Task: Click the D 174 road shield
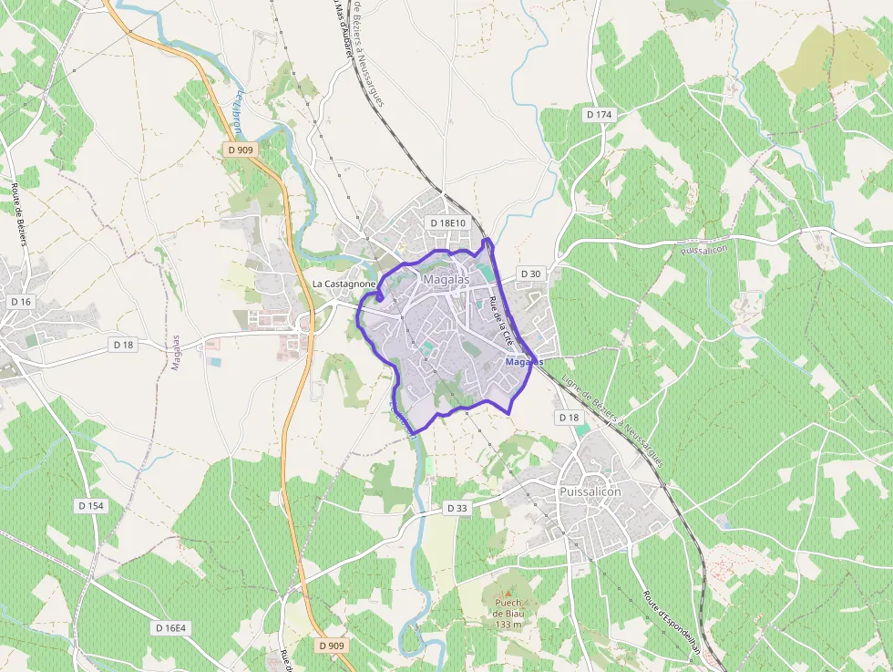click(x=599, y=114)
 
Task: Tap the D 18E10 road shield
click(x=447, y=223)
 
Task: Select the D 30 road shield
click(x=530, y=274)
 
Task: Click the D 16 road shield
click(x=21, y=301)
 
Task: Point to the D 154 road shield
click(x=91, y=505)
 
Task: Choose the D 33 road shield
click(x=457, y=509)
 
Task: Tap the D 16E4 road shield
click(x=170, y=628)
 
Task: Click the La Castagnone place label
click(x=344, y=284)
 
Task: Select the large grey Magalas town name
click(x=446, y=279)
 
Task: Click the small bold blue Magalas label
click(x=524, y=362)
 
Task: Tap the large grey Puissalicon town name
click(x=589, y=491)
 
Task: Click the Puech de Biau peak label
click(x=508, y=608)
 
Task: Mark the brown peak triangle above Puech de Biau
click(x=508, y=590)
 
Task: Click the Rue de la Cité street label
click(x=502, y=320)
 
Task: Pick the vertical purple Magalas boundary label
click(x=176, y=353)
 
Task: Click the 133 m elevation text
click(x=508, y=625)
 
